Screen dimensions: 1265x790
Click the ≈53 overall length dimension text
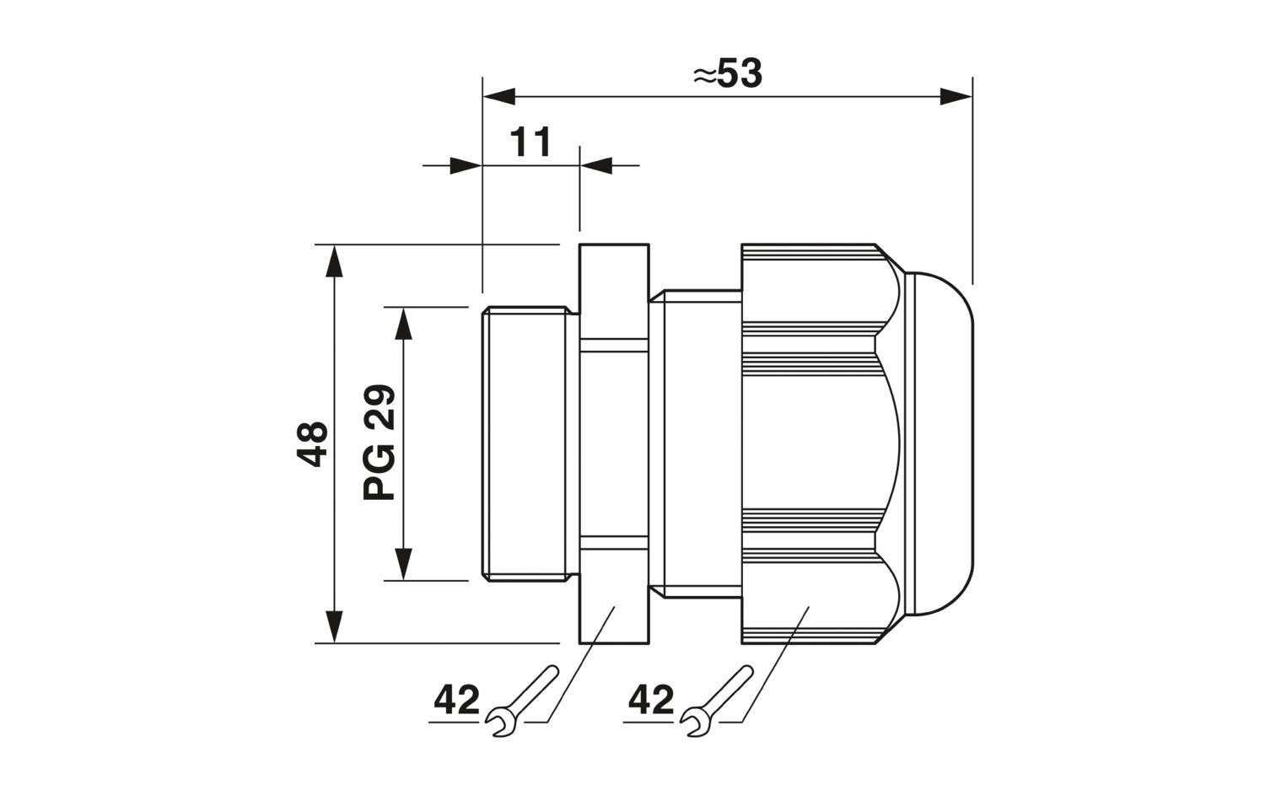[727, 73]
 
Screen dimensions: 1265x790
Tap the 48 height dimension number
[312, 443]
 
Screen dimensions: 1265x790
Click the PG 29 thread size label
[379, 443]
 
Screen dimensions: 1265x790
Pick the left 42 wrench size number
[456, 701]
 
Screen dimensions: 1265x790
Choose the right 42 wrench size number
[651, 701]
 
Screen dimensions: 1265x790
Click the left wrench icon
[521, 701]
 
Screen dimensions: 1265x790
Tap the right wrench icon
[716, 701]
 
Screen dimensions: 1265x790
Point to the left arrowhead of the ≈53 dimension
[499, 97]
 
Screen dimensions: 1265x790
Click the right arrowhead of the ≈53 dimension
[955, 97]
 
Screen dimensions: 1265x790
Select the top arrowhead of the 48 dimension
[334, 261]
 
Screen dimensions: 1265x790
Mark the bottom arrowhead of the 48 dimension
[334, 626]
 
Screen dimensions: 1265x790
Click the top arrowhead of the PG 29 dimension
[403, 324]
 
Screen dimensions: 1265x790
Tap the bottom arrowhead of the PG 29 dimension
[403, 564]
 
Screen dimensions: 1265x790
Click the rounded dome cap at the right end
[939, 443]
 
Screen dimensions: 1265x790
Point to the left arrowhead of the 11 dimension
[466, 166]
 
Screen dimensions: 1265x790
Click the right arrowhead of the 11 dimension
[596, 166]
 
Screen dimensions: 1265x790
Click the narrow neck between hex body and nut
[695, 443]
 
